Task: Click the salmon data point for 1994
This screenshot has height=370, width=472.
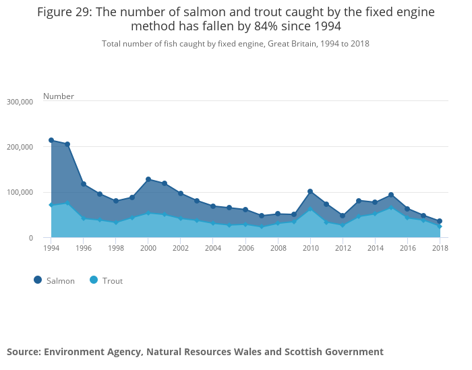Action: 51,140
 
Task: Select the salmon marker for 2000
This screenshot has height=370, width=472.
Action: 148,179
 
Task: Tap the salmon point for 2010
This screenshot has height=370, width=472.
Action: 310,191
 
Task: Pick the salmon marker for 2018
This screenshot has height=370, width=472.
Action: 440,221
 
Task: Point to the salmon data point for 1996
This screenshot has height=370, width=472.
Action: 84,184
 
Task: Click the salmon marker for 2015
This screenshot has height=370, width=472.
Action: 391,195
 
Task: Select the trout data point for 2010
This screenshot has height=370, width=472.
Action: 310,210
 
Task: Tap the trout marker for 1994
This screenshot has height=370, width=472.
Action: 51,205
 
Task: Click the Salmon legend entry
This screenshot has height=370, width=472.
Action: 55,280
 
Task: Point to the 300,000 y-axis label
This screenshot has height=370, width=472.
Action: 20,102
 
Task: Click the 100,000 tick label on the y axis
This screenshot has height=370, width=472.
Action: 20,192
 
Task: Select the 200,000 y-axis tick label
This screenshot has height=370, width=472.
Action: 20,147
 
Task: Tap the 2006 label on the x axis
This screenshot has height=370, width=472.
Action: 245,248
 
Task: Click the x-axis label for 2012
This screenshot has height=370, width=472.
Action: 343,248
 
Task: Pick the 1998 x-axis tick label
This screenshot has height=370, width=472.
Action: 116,248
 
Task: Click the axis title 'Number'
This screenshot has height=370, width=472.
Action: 59,96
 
